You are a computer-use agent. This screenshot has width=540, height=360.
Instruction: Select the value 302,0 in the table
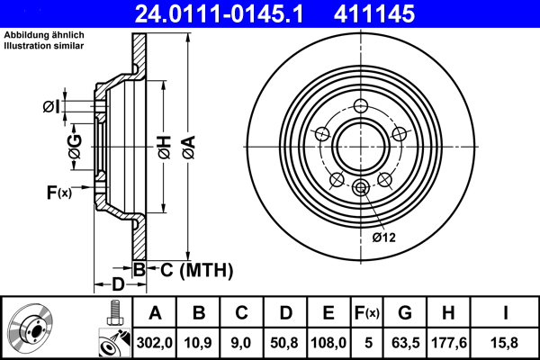[155, 342]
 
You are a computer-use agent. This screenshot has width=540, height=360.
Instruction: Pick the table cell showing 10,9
[200, 342]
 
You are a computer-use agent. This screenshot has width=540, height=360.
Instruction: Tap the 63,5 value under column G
[408, 342]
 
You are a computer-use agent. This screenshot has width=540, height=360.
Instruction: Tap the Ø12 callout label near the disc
[384, 238]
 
